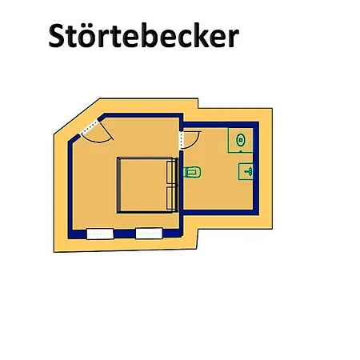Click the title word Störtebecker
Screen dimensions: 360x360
[143, 35]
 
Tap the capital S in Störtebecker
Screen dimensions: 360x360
[57, 35]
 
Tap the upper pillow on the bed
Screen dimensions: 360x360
[170, 172]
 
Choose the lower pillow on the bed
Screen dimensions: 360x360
[170, 198]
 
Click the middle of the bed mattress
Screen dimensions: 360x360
[142, 185]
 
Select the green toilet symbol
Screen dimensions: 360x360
[192, 172]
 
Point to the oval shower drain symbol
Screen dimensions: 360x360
[241, 139]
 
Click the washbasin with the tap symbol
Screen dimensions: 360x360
[246, 171]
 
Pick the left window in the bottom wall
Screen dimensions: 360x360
[100, 234]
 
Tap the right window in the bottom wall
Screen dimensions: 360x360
[149, 233]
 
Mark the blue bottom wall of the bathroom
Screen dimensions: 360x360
[221, 213]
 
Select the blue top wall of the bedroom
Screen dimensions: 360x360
[142, 115]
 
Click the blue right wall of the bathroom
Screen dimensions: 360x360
[256, 169]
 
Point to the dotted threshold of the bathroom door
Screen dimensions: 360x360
[182, 140]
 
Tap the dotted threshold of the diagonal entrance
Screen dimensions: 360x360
[89, 127]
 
